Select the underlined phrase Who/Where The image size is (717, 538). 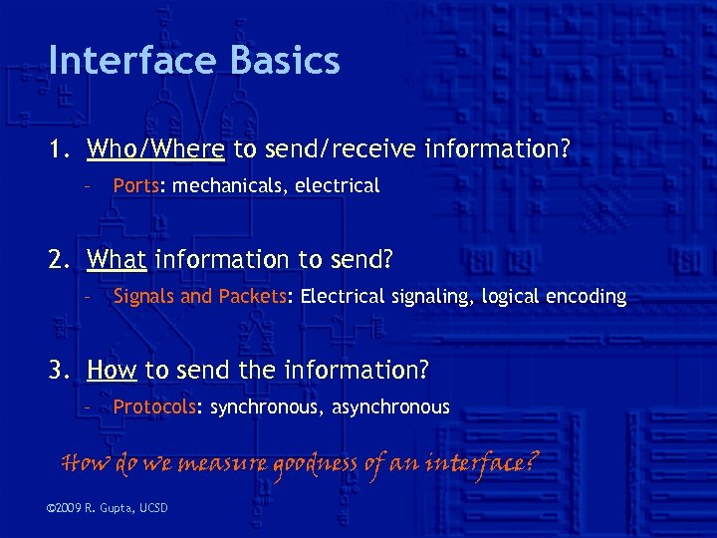(155, 149)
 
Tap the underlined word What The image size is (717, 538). (117, 260)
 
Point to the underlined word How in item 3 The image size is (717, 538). (112, 371)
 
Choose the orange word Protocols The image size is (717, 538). (156, 407)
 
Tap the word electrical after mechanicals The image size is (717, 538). (338, 185)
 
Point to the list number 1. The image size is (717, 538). (59, 149)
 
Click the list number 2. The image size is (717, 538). (59, 260)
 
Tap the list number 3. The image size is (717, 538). (59, 371)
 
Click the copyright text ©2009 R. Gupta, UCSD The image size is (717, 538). (108, 509)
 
